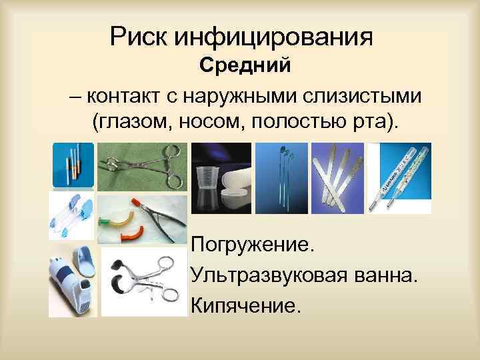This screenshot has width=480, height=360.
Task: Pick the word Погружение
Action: [251, 245]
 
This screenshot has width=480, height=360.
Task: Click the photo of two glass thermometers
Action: [399, 177]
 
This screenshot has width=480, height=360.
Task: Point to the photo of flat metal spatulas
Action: [339, 179]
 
